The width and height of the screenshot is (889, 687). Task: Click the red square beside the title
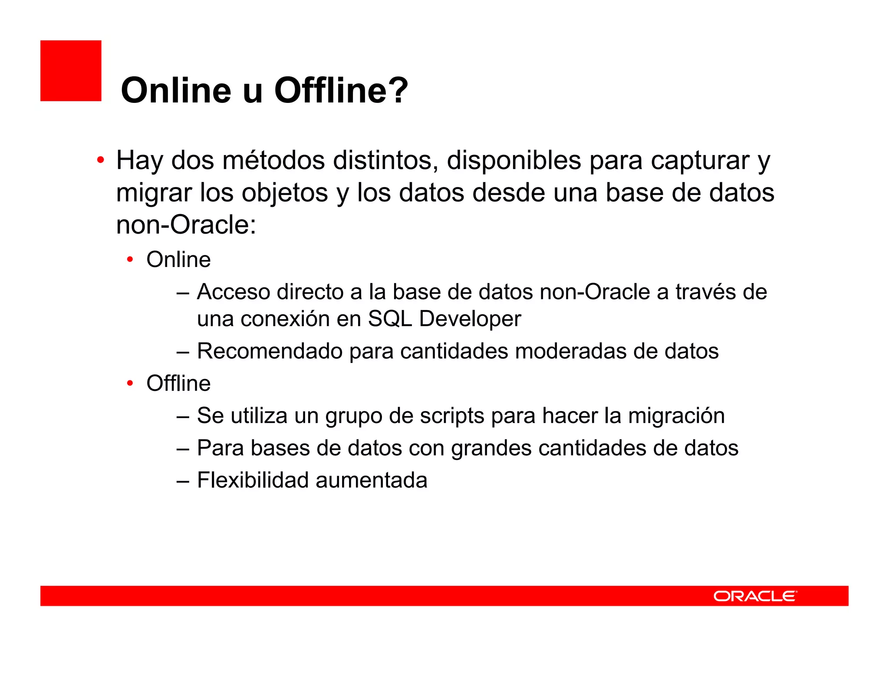[x=71, y=71]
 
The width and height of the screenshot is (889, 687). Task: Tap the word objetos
[x=284, y=193]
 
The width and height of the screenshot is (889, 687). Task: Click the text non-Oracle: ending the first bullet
[x=186, y=225]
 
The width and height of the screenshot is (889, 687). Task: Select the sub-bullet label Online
[x=178, y=260]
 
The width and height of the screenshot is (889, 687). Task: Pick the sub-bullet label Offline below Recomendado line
[x=178, y=383]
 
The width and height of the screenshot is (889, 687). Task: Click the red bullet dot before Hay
[x=101, y=160]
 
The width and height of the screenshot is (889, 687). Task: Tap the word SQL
[x=389, y=319]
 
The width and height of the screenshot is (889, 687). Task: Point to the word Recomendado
[x=270, y=351]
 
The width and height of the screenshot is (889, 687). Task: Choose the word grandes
[x=491, y=448]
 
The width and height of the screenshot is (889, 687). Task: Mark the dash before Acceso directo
[x=183, y=292]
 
